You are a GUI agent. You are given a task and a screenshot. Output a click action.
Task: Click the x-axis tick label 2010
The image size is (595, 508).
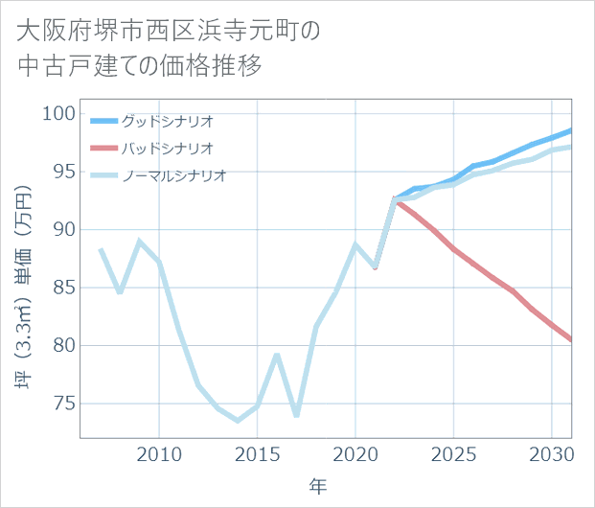click(159, 452)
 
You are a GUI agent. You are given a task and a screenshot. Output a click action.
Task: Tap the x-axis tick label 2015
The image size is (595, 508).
click(257, 452)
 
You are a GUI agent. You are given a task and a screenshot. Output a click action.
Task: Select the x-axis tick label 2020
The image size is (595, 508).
click(355, 452)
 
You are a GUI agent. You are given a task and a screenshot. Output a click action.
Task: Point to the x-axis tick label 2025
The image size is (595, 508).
click(453, 452)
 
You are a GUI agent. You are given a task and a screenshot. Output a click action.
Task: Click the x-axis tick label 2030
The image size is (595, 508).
click(552, 452)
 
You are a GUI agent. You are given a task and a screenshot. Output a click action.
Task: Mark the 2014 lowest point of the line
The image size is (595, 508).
click(238, 421)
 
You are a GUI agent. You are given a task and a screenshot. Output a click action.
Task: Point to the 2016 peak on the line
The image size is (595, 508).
click(277, 354)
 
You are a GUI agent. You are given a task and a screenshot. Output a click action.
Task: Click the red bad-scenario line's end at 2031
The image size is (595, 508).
click(571, 340)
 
